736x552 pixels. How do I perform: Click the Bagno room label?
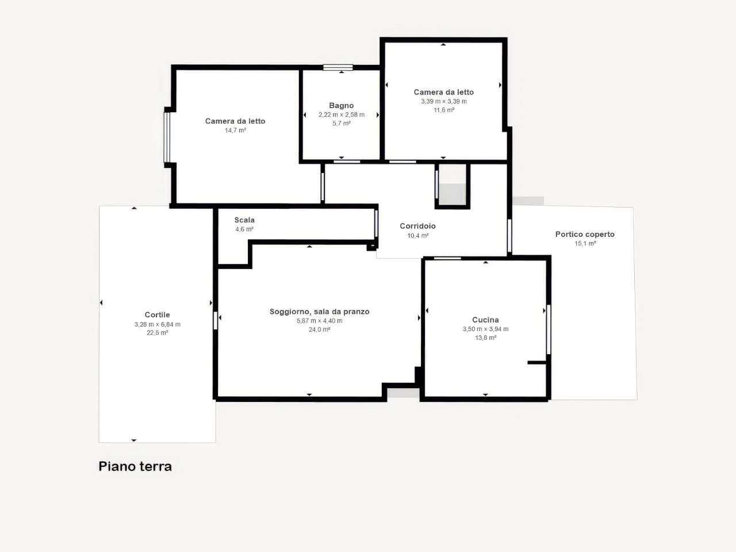[342, 106]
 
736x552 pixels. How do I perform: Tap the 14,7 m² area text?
[235, 131]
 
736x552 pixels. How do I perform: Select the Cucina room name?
[485, 320]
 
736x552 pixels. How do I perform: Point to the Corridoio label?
[417, 226]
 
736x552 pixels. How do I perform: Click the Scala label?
[244, 220]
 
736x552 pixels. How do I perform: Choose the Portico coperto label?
[585, 234]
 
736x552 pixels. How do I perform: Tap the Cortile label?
[157, 315]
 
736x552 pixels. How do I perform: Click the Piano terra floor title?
[135, 466]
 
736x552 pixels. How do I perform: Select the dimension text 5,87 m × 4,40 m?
[320, 321]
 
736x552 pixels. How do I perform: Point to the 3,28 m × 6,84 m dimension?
[158, 324]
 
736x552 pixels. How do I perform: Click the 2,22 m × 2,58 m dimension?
[342, 114]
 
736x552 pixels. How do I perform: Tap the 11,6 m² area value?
[444, 110]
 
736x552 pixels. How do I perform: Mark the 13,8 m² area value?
[485, 338]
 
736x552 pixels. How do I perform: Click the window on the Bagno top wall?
[338, 67]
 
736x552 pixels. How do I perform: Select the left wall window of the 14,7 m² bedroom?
[167, 137]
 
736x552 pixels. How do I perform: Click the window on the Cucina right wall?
[549, 329]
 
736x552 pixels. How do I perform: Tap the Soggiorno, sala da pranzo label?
[320, 312]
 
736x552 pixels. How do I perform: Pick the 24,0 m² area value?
[320, 330]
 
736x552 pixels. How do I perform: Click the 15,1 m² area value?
[585, 244]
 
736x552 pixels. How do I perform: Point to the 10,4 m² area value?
[418, 236]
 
